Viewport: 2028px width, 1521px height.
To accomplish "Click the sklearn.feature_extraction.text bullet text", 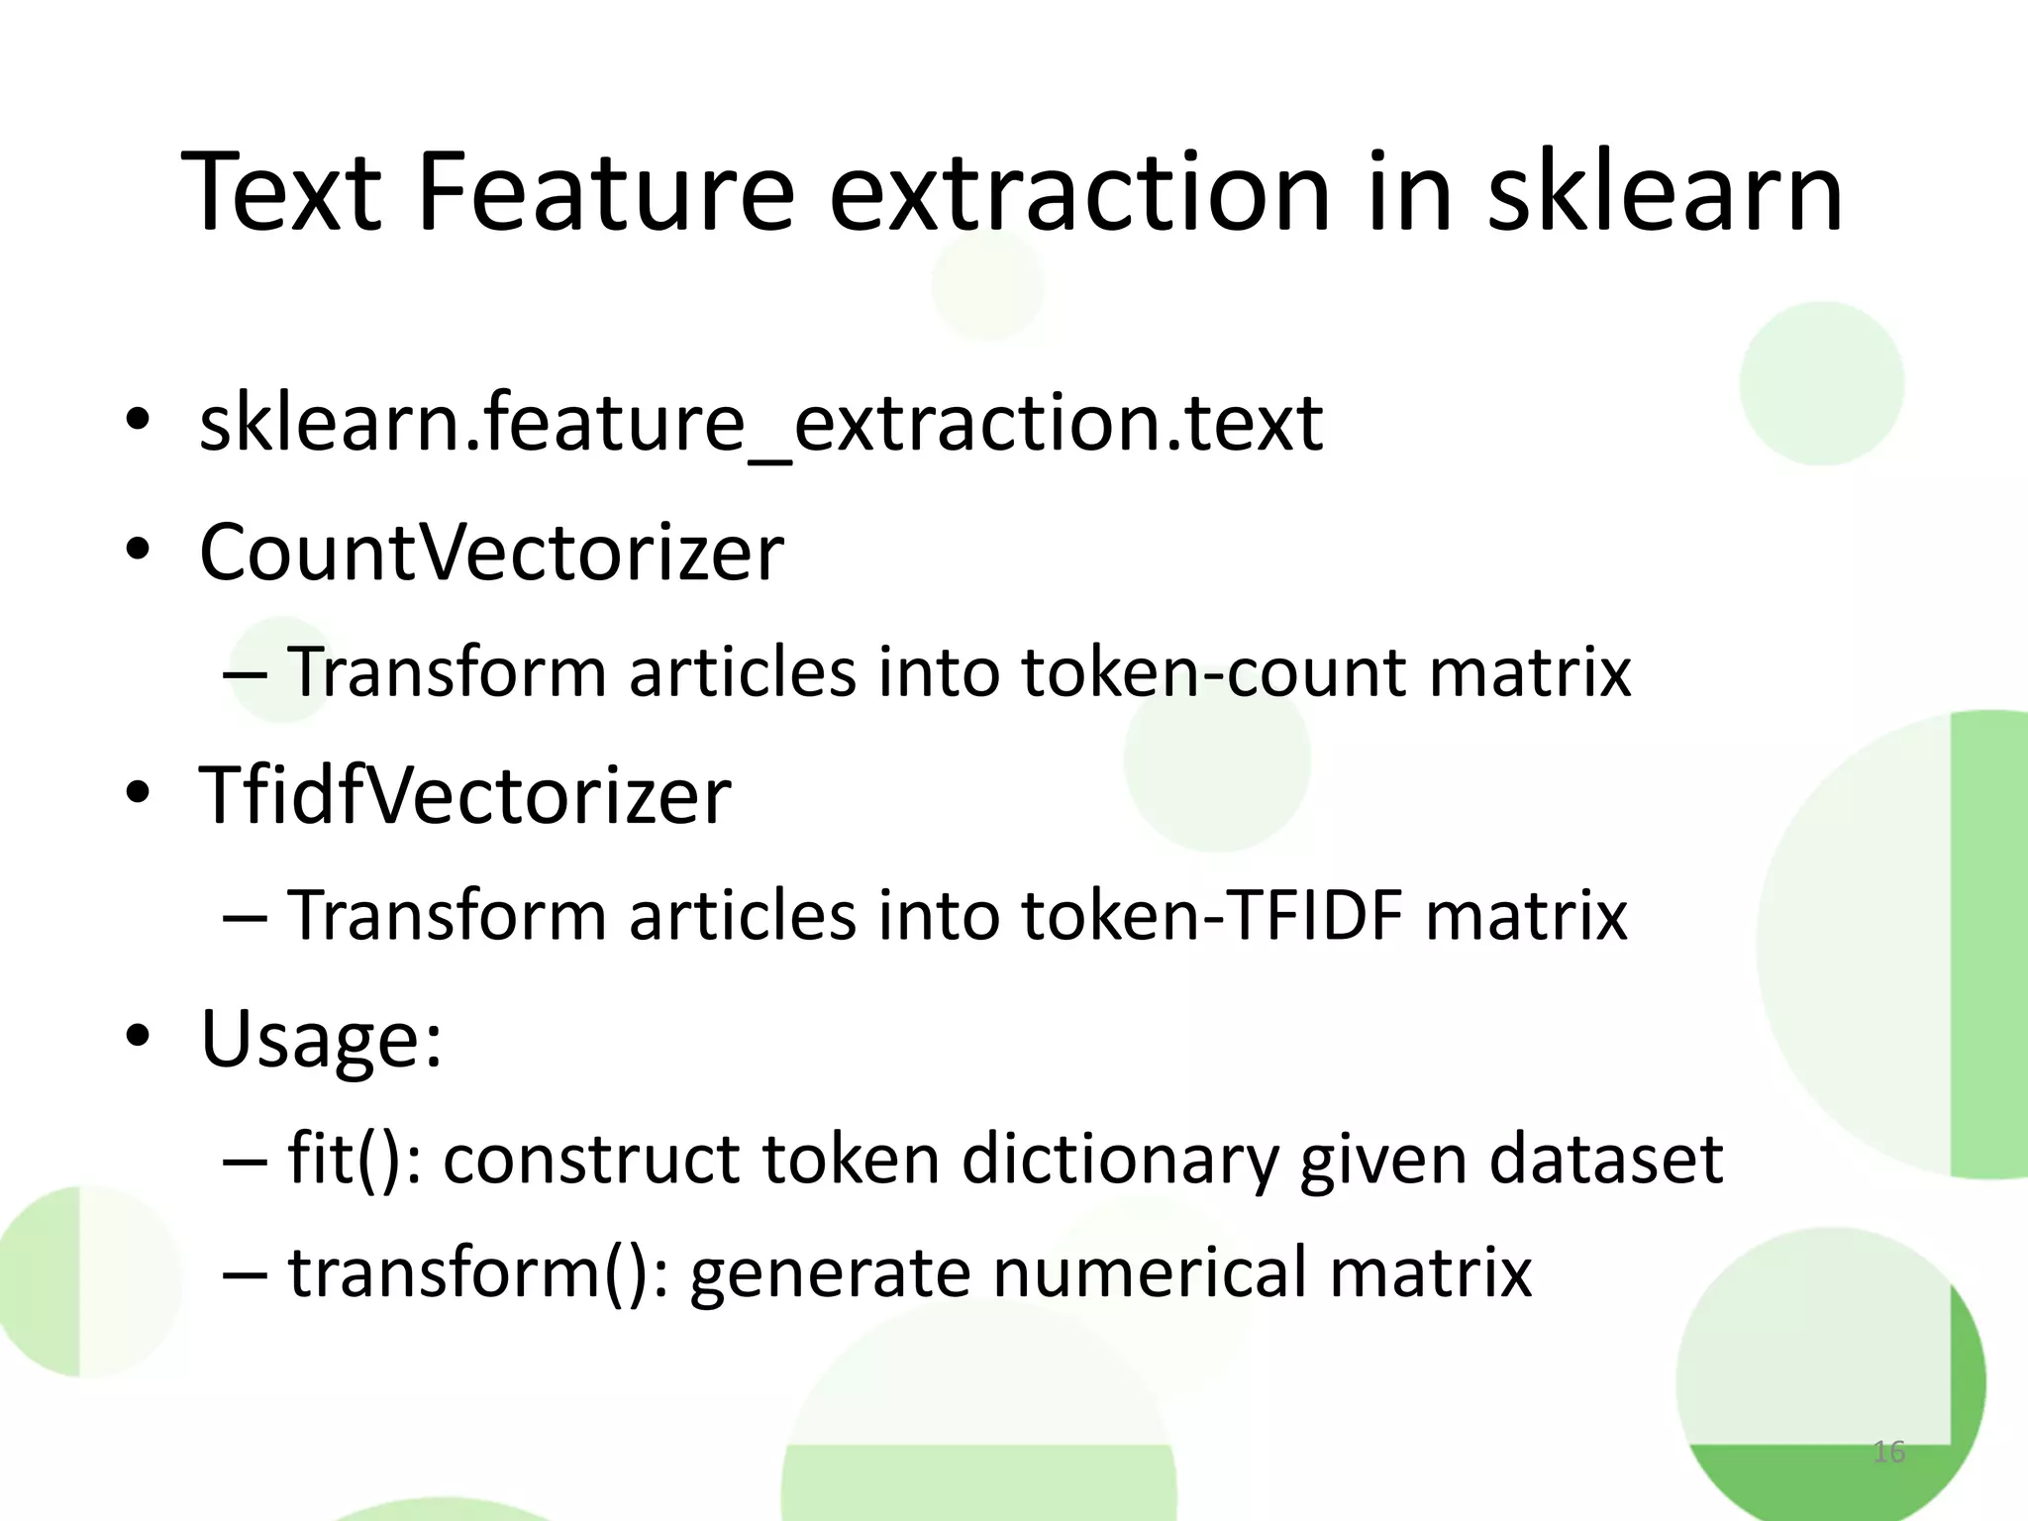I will (x=760, y=424).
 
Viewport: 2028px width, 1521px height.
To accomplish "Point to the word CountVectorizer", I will (x=491, y=552).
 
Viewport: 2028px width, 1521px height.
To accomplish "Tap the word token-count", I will (x=1213, y=673).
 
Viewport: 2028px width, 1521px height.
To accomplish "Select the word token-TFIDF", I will (x=1212, y=916).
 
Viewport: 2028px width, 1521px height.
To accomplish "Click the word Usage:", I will (x=321, y=1039).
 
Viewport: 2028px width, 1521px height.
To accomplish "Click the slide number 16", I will (x=1888, y=1452).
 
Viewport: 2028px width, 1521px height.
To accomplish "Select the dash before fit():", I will (x=245, y=1159).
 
